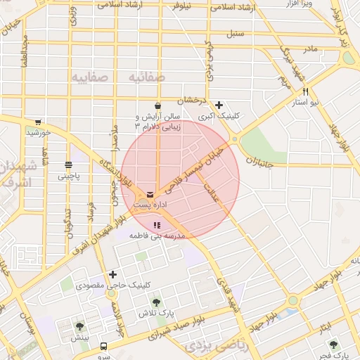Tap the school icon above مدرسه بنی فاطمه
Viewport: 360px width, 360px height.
[156, 226]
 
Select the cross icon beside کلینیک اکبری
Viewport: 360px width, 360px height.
[219, 105]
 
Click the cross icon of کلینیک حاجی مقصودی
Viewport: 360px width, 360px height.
[112, 274]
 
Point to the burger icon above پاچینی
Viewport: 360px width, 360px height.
[68, 165]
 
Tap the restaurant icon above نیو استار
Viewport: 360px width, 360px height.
[305, 91]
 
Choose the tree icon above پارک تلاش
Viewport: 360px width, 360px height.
[155, 302]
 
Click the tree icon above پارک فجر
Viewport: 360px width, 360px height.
[333, 345]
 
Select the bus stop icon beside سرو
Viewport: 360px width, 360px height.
[104, 347]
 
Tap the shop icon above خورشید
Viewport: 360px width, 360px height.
[37, 121]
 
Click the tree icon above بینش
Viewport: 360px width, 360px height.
[79, 326]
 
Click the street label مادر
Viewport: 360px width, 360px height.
[310, 49]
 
